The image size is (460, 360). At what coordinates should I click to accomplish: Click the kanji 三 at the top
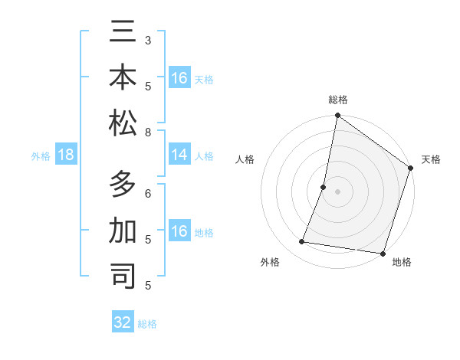(123, 34)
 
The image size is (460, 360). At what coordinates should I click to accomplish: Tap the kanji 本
(123, 78)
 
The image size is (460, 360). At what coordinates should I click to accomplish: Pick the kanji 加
(123, 231)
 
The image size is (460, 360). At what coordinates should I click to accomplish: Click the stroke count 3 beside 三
(148, 39)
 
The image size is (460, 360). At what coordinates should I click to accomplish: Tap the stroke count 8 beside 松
(148, 132)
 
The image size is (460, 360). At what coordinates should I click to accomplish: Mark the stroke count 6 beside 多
(148, 192)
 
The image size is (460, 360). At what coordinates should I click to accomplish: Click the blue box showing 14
(179, 155)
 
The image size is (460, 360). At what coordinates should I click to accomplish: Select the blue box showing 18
(66, 155)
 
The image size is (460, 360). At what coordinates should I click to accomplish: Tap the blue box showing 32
(123, 322)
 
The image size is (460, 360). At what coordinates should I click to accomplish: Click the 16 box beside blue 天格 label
(179, 78)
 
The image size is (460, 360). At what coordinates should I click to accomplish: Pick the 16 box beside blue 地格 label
(179, 231)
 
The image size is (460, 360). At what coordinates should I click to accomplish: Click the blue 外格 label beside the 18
(41, 156)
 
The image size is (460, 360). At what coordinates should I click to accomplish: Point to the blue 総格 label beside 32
(147, 323)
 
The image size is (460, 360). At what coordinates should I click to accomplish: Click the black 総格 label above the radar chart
(338, 100)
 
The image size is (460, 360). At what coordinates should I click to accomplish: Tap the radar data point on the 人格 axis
(324, 187)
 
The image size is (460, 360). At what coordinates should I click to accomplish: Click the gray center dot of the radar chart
(337, 191)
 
